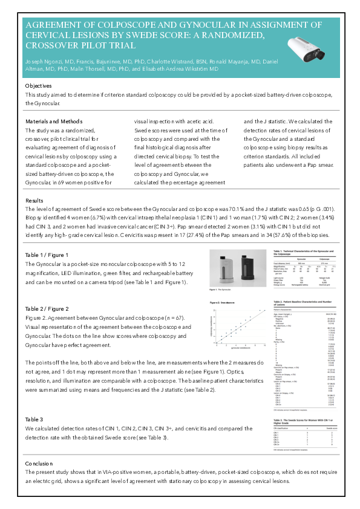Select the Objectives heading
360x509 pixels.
[39, 86]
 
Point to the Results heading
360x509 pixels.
[34, 199]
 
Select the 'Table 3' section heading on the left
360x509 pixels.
[34, 419]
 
